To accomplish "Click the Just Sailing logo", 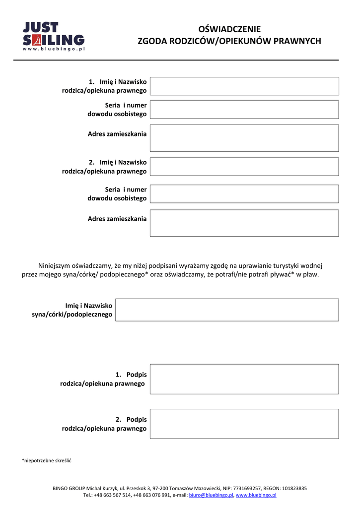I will pos(54,36).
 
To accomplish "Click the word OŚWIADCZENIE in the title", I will pos(229,29).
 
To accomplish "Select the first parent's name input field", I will pos(244,86).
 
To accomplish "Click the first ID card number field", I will pos(244,110).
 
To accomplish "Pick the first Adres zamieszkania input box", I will pos(244,138).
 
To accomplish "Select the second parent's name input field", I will pos(244,167).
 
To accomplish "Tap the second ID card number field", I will pos(244,194).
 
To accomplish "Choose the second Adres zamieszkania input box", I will pos(244,223).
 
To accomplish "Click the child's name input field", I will pos(227,310).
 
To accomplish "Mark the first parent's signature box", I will pos(244,379).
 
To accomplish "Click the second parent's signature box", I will pos(244,424).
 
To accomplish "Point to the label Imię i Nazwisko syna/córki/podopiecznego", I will pos(72,310).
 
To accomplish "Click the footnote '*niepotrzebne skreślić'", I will pos(47,460).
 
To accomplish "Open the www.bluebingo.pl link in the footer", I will pos(256,495).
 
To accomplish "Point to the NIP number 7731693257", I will pos(246,488).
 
